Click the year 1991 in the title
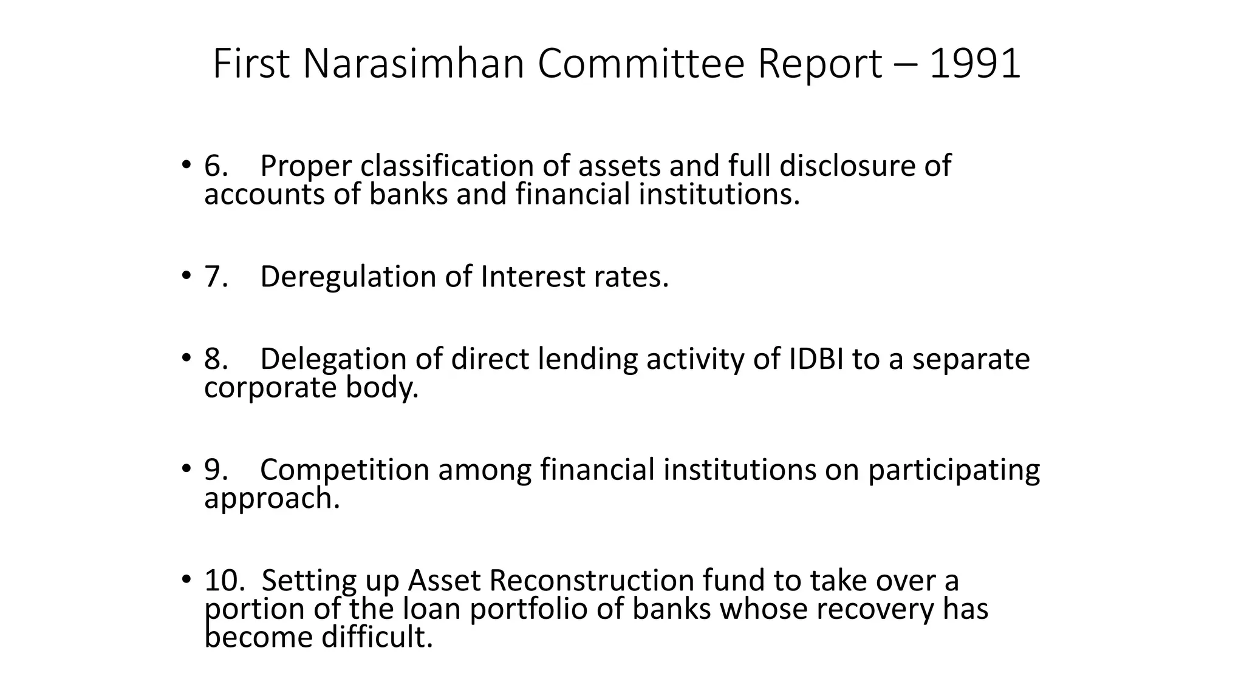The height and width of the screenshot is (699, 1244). pyautogui.click(x=975, y=64)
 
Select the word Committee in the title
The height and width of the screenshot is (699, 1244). pyautogui.click(x=641, y=64)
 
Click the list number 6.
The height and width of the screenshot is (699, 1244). pyautogui.click(x=216, y=166)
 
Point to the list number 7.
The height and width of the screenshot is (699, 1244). pyautogui.click(x=216, y=277)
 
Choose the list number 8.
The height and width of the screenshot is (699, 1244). pyautogui.click(x=216, y=359)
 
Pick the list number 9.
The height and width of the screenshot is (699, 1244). pyautogui.click(x=216, y=470)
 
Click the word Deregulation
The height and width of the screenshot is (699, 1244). pyautogui.click(x=348, y=277)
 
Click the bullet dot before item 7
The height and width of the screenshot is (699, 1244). pyautogui.click(x=185, y=277)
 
